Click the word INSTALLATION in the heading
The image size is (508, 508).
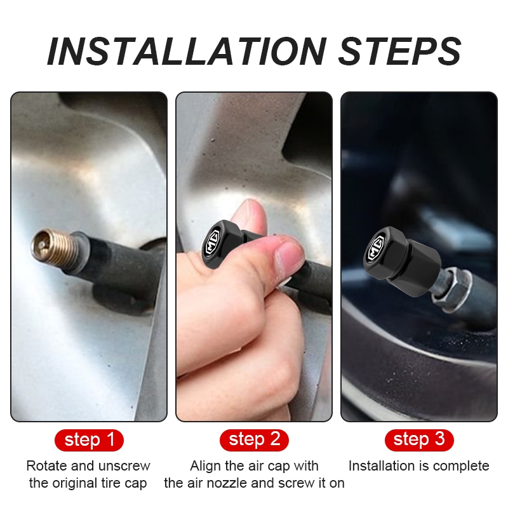[x=187, y=51]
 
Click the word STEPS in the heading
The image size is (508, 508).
[x=400, y=51]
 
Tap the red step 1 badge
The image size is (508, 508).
[x=89, y=440]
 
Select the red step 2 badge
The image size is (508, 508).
[x=254, y=440]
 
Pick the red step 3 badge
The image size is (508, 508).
[x=419, y=440]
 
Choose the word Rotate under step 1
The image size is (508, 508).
[x=47, y=466]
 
